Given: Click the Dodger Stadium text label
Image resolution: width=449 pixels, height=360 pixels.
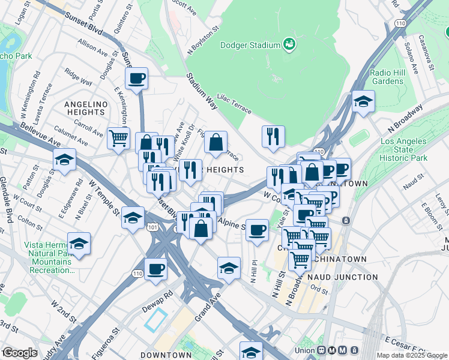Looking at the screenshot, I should coord(250,45).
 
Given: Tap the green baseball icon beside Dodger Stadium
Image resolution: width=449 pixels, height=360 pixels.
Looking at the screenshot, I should coord(289,44).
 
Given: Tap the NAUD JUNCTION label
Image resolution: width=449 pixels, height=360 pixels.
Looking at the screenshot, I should coord(342,277).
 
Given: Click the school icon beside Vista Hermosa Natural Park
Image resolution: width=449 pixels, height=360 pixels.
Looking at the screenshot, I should coord(79,244).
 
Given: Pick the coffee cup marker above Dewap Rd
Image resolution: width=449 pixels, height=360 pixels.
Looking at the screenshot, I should coord(156,268).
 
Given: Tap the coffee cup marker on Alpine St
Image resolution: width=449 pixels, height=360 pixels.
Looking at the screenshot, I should coord(258,230).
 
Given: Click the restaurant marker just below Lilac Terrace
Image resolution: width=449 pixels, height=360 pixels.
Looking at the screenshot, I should coord(273,136).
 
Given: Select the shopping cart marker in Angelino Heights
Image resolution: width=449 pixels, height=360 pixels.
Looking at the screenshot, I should coord(119,137).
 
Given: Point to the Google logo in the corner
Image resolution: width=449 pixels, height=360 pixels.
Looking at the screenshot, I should coord(19,353).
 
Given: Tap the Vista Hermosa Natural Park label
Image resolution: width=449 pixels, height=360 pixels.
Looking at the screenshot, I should coord(48,257).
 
